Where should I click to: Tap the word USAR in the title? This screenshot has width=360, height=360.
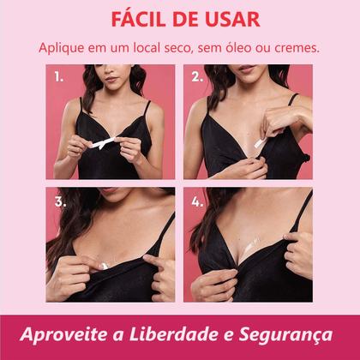[x=224, y=19]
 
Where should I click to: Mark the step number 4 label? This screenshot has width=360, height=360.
[x=197, y=204]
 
